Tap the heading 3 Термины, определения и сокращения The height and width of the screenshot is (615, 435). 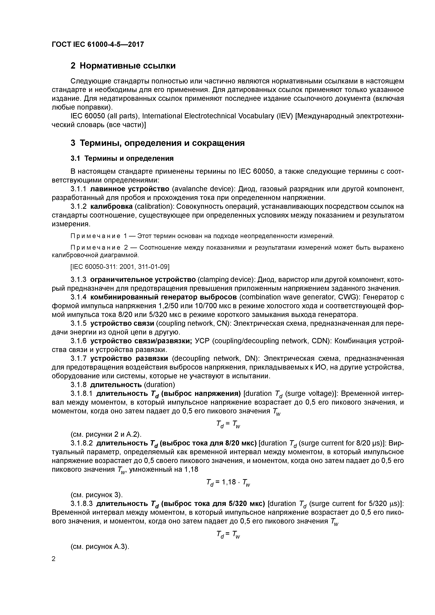(157, 143)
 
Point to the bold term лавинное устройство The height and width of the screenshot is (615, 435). (130, 189)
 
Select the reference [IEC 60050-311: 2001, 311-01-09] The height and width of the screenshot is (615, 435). (120, 267)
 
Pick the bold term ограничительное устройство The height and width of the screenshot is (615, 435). (143, 280)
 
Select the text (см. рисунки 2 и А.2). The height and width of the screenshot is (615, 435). (106, 434)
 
